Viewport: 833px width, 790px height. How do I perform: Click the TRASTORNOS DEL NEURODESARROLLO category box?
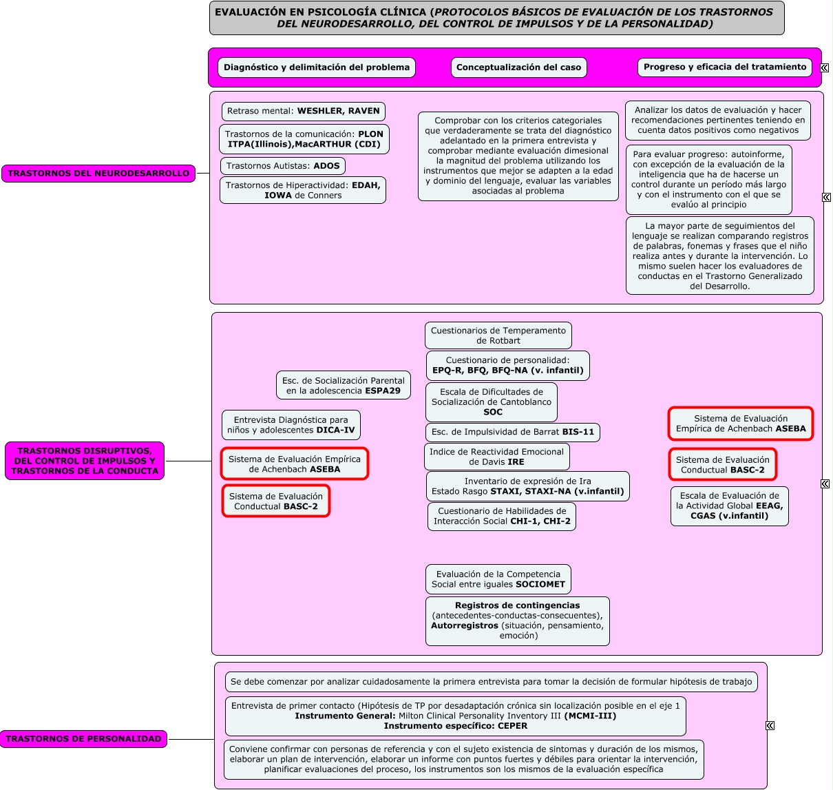coord(98,174)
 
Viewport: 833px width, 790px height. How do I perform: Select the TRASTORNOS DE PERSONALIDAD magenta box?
coord(83,738)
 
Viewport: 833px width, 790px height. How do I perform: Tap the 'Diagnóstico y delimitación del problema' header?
coord(317,67)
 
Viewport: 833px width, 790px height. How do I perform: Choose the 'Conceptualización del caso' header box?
coord(518,67)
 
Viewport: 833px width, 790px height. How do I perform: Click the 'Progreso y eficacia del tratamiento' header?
coord(724,67)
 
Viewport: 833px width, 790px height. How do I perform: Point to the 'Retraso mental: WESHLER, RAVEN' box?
coord(304,111)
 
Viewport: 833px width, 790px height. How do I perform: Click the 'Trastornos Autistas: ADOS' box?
coord(283,166)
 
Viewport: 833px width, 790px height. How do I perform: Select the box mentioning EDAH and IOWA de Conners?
coord(303,190)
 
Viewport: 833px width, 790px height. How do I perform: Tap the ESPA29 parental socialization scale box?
coord(344,386)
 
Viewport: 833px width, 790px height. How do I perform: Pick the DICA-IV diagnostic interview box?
coord(291,425)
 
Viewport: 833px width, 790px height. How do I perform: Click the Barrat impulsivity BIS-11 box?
coord(513,432)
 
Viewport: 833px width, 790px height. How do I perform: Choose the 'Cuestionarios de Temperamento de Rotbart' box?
coord(498,335)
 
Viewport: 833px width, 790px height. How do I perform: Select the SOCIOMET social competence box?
coord(498,579)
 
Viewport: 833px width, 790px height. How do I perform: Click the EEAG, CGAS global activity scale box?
coord(730,506)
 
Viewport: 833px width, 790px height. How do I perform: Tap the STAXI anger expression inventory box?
coord(528,486)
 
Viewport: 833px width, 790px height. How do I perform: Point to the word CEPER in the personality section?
coord(513,725)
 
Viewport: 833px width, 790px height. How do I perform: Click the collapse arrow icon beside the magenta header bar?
coord(825,68)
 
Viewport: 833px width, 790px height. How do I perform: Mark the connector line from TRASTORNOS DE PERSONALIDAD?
coord(191,739)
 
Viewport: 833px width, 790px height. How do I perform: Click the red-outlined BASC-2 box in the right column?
coord(723,465)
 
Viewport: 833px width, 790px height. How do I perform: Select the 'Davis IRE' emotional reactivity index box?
coord(496,457)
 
